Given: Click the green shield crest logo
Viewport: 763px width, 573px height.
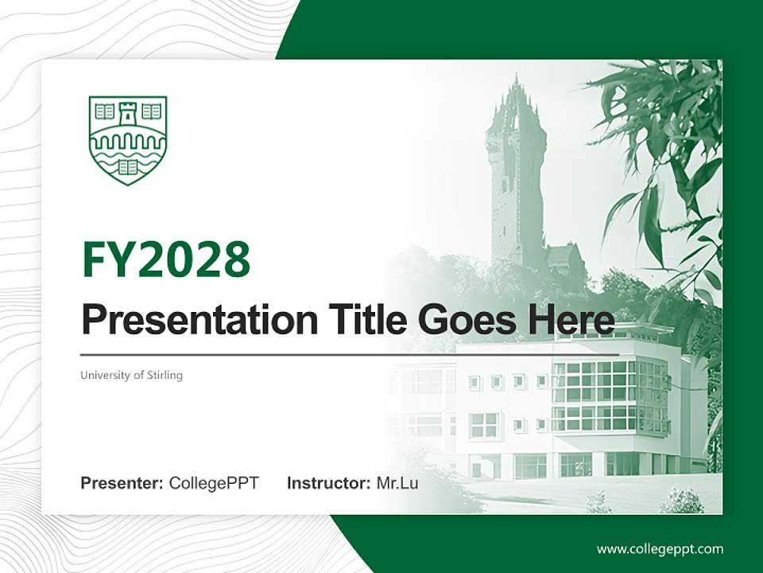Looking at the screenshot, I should click(128, 139).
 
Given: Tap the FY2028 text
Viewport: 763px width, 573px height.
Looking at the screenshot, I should click(166, 259).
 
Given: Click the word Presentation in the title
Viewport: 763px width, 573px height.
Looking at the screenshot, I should click(188, 321).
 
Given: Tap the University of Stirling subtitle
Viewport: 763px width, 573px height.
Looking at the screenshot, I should click(131, 375).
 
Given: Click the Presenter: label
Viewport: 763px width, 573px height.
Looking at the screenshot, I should click(122, 483).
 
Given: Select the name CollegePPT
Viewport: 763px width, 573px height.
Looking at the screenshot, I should click(214, 483).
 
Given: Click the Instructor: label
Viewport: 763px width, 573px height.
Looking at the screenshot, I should click(328, 483).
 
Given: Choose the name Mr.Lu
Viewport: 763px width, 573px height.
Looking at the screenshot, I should click(397, 483).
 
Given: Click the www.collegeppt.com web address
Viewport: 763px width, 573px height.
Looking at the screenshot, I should click(660, 548).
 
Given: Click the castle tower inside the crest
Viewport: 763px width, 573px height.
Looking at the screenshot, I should click(128, 114).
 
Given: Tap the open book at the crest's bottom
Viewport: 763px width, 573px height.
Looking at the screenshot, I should click(128, 167).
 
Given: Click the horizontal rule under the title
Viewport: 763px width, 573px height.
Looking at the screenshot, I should click(350, 355).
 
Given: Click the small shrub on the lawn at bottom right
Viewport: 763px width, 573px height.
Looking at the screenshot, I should click(682, 501).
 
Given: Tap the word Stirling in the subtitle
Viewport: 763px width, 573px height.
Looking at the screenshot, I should click(165, 375).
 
